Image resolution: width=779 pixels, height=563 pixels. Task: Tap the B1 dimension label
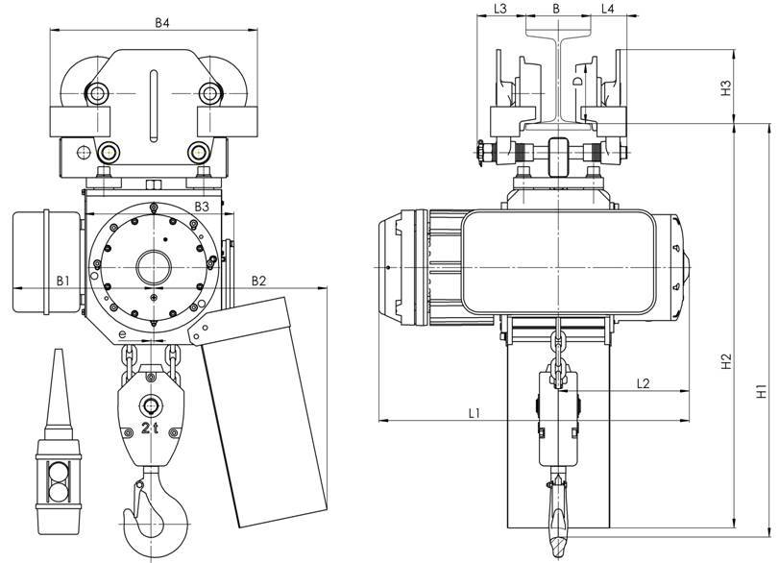click(x=62, y=281)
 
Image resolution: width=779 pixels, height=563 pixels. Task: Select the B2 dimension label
click(x=259, y=281)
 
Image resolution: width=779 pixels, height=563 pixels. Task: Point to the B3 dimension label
click(x=202, y=207)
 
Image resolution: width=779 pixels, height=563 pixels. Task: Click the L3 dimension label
click(x=501, y=9)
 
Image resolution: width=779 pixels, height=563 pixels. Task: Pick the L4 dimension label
click(x=609, y=9)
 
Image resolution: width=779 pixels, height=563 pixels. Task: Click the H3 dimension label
click(x=727, y=87)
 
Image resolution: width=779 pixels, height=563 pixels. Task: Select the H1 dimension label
click(x=760, y=392)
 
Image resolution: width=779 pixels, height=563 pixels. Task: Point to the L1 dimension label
click(x=475, y=413)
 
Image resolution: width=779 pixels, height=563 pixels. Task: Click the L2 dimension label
click(x=645, y=382)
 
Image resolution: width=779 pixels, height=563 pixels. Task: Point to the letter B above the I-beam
click(x=556, y=9)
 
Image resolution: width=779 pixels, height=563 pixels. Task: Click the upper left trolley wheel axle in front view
click(x=99, y=93)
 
